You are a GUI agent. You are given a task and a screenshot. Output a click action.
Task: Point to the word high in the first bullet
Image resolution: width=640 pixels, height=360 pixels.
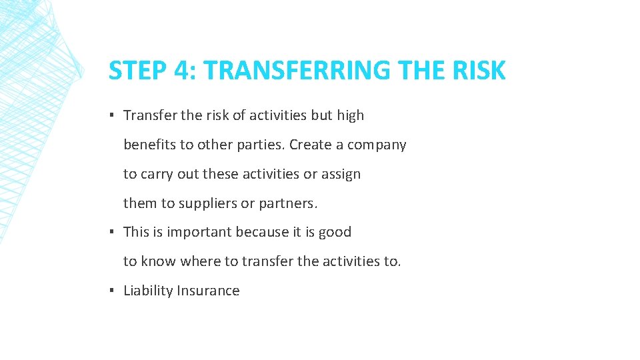[x=351, y=115]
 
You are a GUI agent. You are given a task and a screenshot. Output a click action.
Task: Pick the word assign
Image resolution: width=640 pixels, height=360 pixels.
[x=341, y=174]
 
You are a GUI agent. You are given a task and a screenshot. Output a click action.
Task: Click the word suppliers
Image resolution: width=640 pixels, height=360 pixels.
[x=208, y=203]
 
